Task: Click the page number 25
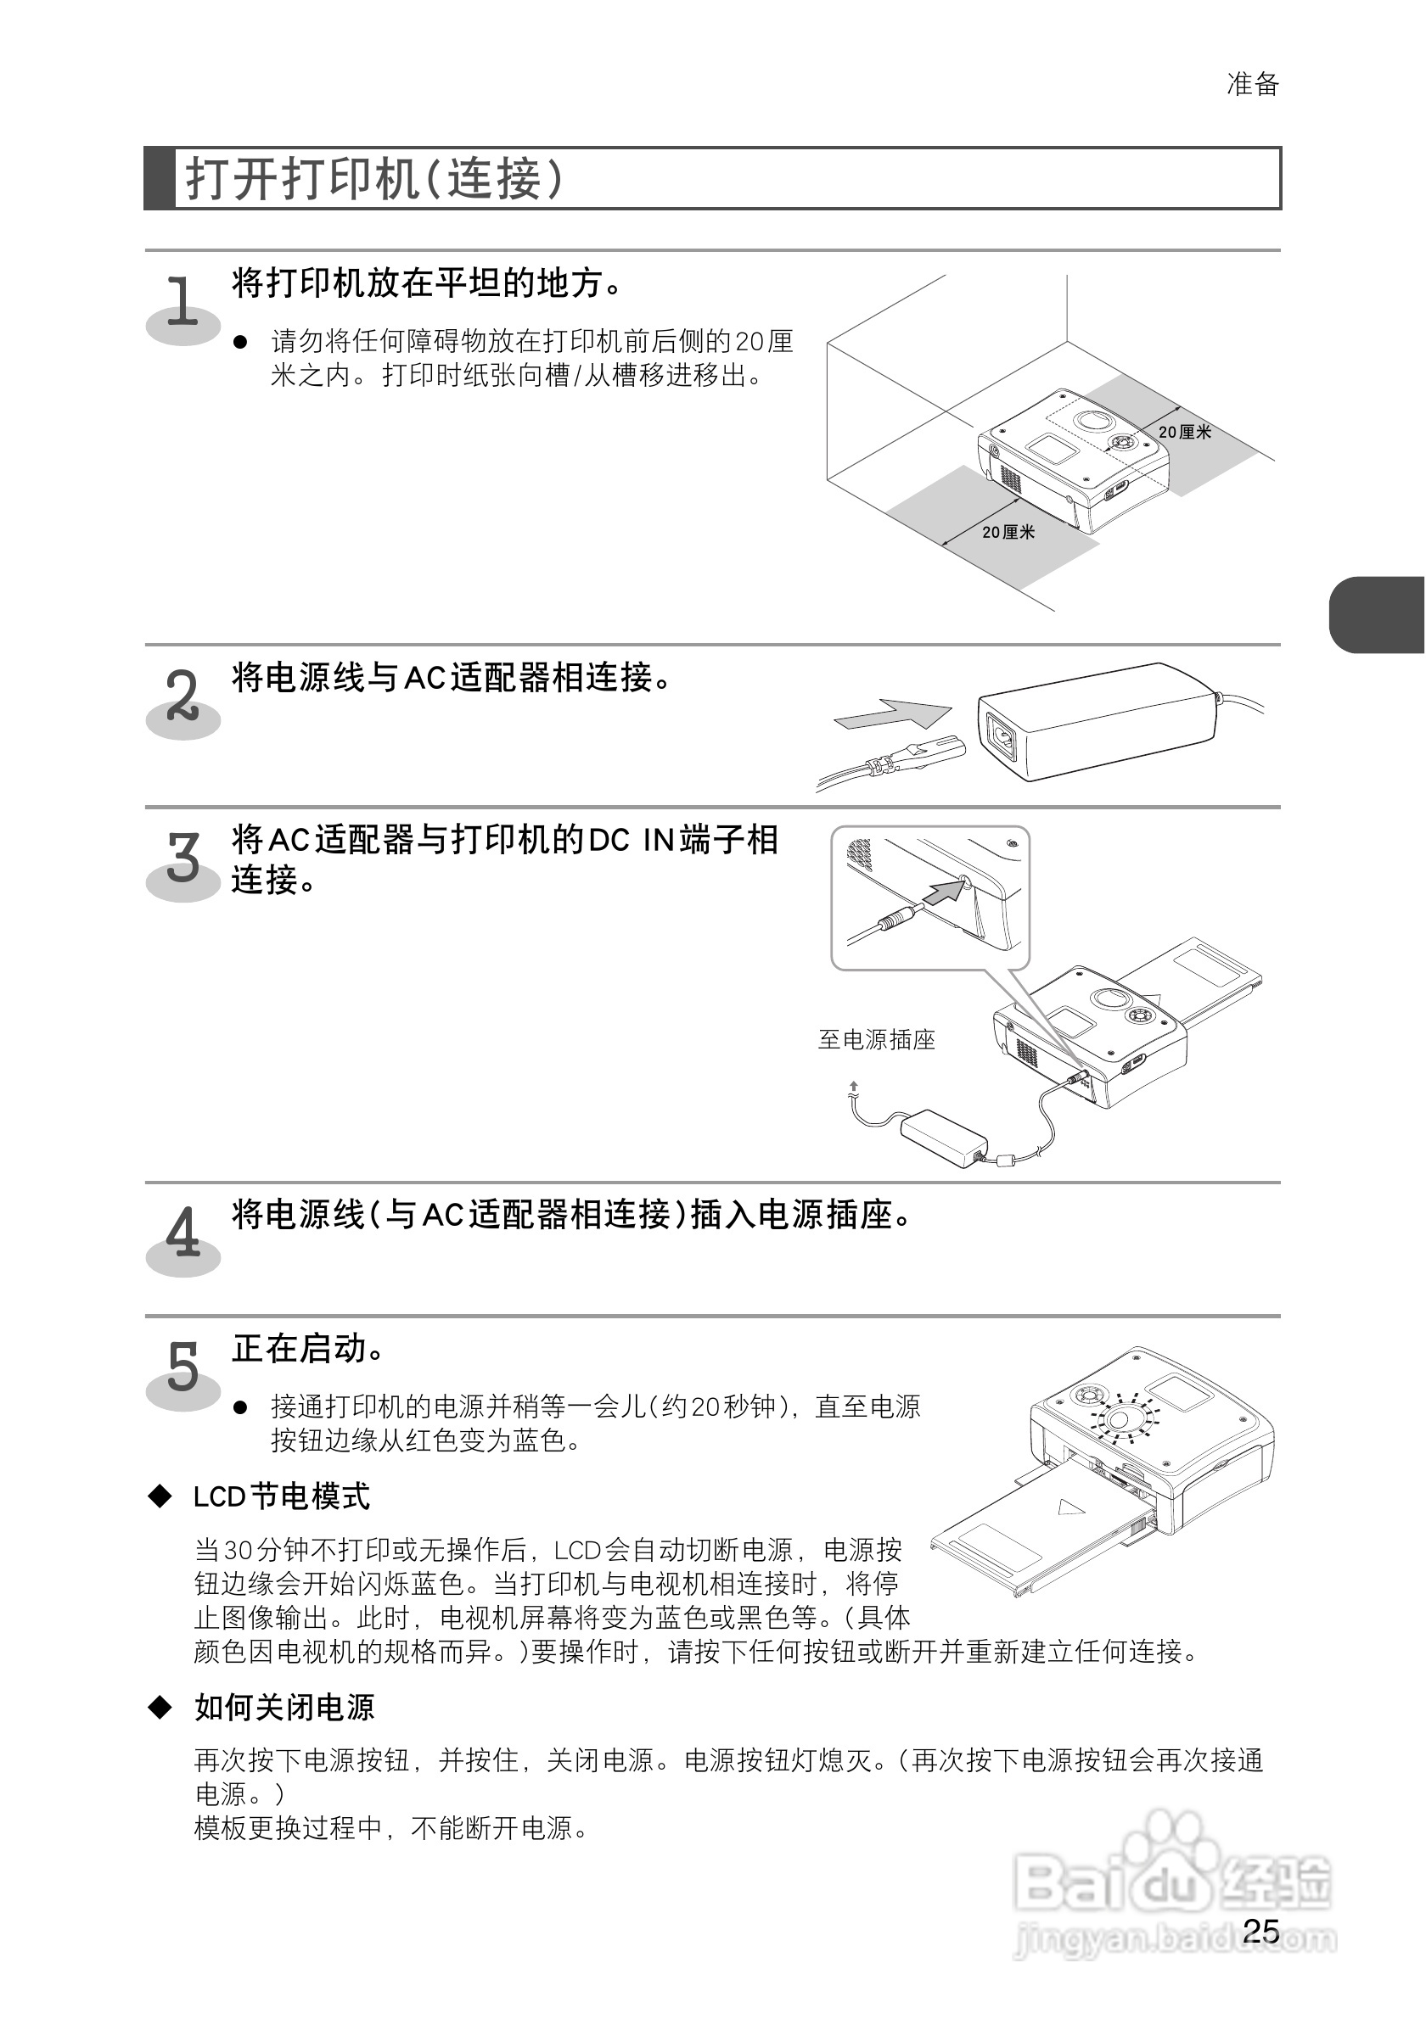tap(1260, 1930)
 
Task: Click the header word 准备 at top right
tap(1253, 85)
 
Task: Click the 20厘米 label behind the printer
tap(1184, 432)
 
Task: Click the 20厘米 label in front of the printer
tap(1008, 532)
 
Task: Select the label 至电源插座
tap(876, 1039)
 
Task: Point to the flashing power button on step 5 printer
tap(1126, 1418)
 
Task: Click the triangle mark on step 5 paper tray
tap(1070, 1507)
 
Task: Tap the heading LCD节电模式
tap(282, 1496)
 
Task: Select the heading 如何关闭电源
tap(284, 1708)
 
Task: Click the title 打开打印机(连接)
tap(373, 179)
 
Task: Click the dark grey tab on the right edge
tap(1377, 615)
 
